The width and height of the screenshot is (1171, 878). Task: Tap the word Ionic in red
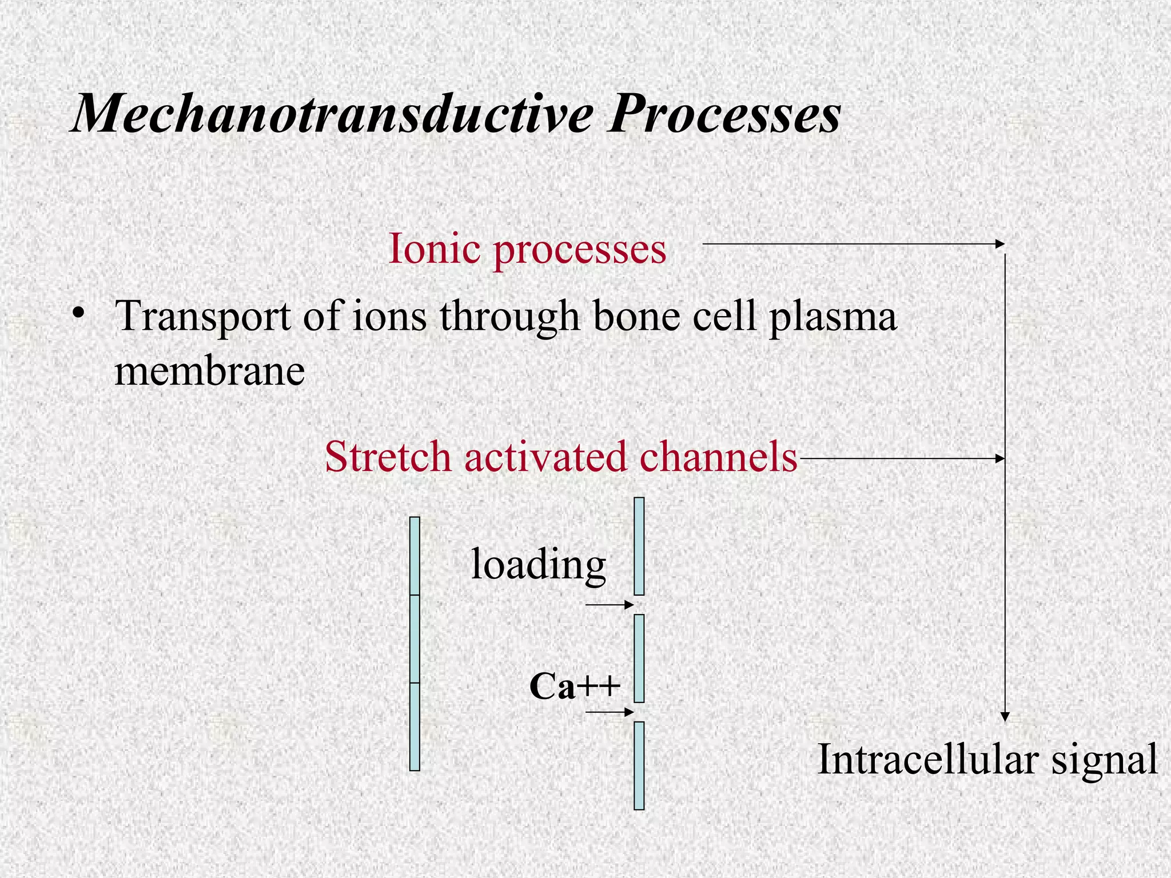(433, 249)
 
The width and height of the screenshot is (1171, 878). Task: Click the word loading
(537, 565)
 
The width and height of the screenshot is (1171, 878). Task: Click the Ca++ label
(574, 686)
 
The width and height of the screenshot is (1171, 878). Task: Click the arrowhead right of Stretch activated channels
(1000, 458)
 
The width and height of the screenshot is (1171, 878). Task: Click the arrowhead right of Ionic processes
(1000, 244)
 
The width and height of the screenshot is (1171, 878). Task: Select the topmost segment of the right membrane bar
(639, 546)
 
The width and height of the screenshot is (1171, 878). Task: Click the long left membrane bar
(415, 644)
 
